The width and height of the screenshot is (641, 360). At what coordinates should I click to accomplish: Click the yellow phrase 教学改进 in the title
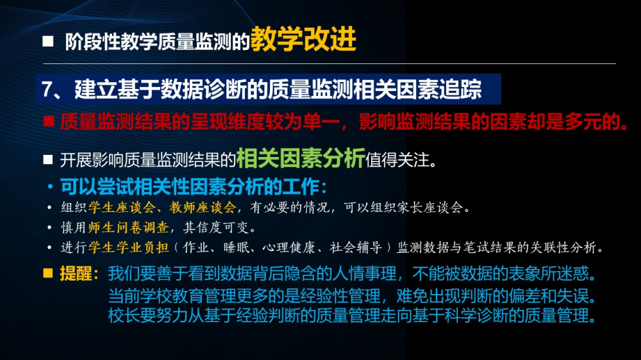303,39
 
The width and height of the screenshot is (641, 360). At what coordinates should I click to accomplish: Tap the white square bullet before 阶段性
48,41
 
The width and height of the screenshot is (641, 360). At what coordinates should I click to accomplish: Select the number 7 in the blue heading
47,89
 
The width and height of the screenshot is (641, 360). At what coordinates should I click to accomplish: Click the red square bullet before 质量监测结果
49,121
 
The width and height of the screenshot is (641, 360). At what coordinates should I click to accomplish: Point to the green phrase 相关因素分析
301,158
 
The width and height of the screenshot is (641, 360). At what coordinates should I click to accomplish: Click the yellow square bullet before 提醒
48,274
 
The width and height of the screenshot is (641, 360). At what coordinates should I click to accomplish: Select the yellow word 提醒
76,274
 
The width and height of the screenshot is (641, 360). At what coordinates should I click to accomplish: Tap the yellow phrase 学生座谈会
121,208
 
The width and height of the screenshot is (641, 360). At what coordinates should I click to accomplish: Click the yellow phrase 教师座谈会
203,208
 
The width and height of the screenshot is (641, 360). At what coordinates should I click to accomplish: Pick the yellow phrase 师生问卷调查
128,227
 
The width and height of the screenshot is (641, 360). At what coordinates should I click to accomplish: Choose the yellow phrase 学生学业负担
128,247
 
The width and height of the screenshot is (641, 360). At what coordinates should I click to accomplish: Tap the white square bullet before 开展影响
48,160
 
